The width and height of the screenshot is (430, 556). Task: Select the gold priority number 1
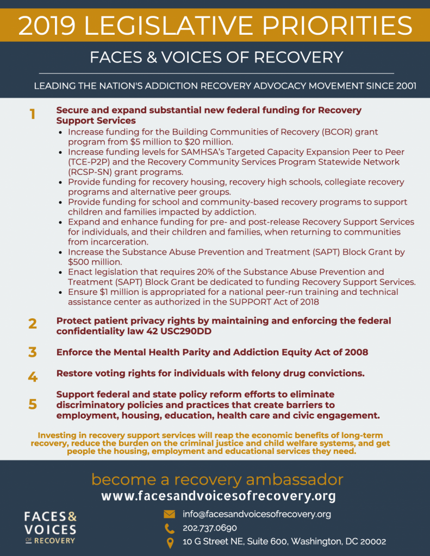pos(33,115)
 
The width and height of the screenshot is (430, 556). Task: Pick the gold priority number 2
pos(33,324)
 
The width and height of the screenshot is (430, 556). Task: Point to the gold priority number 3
pos(33,352)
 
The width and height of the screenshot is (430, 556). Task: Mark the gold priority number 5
pos(33,405)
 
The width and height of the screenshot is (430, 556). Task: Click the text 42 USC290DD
pos(180,331)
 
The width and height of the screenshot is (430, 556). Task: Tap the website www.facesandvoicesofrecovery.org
pos(219,496)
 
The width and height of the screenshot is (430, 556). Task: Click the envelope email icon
pos(170,514)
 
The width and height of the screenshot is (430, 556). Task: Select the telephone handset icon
pos(170,528)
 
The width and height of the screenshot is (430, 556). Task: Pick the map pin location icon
pos(170,542)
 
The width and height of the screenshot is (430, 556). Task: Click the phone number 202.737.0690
pos(209,528)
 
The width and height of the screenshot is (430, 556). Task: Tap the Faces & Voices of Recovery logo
pos(50,527)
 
